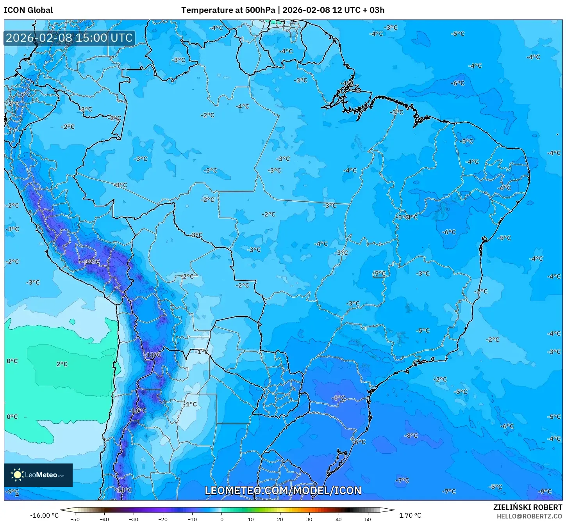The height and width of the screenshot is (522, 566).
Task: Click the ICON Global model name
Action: (29, 10)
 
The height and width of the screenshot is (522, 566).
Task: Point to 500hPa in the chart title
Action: (260, 10)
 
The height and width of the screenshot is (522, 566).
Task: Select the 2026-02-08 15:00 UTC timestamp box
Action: (70, 38)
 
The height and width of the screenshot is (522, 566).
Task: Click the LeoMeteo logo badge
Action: (38, 475)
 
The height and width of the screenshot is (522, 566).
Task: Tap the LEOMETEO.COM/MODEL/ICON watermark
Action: (283, 490)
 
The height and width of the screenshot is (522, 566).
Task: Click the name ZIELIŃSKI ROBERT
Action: (527, 507)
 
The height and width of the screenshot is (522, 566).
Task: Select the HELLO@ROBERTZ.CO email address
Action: (529, 516)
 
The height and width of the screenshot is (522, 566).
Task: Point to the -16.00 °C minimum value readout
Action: (44, 515)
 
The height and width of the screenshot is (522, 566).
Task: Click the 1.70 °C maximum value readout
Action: (410, 515)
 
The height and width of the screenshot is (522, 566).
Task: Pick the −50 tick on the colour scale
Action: (75, 519)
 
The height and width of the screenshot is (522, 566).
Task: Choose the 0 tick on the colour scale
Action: (221, 519)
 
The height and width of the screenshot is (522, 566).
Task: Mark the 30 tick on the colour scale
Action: (309, 519)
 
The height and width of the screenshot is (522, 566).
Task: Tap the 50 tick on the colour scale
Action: (368, 519)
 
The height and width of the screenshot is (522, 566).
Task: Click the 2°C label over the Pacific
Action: (62, 364)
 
